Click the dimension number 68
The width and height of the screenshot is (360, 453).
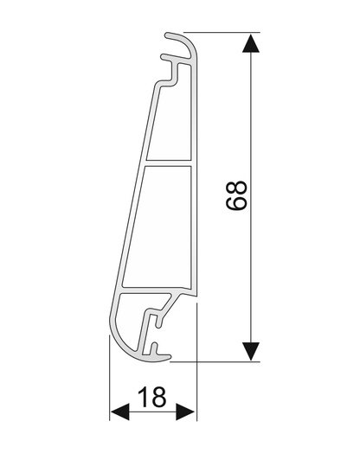click(236, 195)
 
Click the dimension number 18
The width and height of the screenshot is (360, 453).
click(152, 398)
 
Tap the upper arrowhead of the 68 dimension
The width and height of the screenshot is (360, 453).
click(251, 43)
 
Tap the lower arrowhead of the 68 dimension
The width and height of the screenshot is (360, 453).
click(251, 351)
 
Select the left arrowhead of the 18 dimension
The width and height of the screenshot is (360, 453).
click(119, 412)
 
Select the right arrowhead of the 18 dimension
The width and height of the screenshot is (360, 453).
click(186, 412)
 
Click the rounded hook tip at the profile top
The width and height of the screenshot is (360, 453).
click(168, 35)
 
